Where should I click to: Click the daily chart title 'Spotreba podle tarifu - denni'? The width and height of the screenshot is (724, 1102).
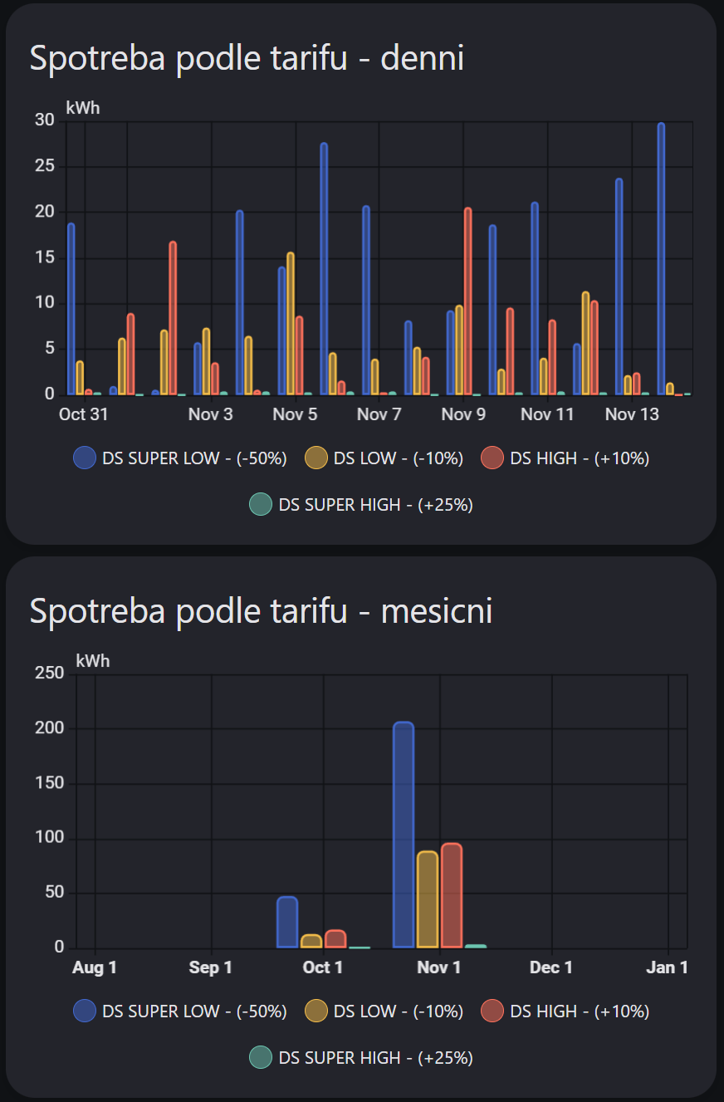point(247,58)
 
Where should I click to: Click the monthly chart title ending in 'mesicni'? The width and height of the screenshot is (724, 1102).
point(261,611)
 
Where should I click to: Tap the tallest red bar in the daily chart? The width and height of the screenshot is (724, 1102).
point(467,301)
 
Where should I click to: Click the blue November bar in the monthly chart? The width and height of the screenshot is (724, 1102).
point(404,835)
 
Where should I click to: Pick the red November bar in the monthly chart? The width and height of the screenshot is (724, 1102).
point(452,895)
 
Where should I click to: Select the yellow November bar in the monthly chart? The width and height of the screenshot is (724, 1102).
point(428,899)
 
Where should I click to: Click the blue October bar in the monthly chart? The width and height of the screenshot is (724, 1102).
point(287,922)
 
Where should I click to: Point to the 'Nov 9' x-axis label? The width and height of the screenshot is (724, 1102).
point(463,414)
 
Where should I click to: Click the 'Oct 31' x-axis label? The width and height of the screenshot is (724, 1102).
point(84,414)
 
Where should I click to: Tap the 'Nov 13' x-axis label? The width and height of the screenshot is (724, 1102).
point(632,414)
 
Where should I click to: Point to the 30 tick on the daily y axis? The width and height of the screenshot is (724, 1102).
point(44,120)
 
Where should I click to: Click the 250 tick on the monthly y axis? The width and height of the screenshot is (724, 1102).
point(49,673)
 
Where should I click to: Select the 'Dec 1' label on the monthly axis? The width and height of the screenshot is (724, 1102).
point(551,967)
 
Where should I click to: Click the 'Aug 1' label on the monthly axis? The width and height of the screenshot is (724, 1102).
point(95,967)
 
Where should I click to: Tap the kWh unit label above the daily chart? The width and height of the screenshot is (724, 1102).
point(83,108)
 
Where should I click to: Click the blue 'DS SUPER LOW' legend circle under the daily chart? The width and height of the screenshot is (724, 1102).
point(85,458)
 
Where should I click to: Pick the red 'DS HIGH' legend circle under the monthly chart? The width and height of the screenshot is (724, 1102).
point(493,1011)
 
